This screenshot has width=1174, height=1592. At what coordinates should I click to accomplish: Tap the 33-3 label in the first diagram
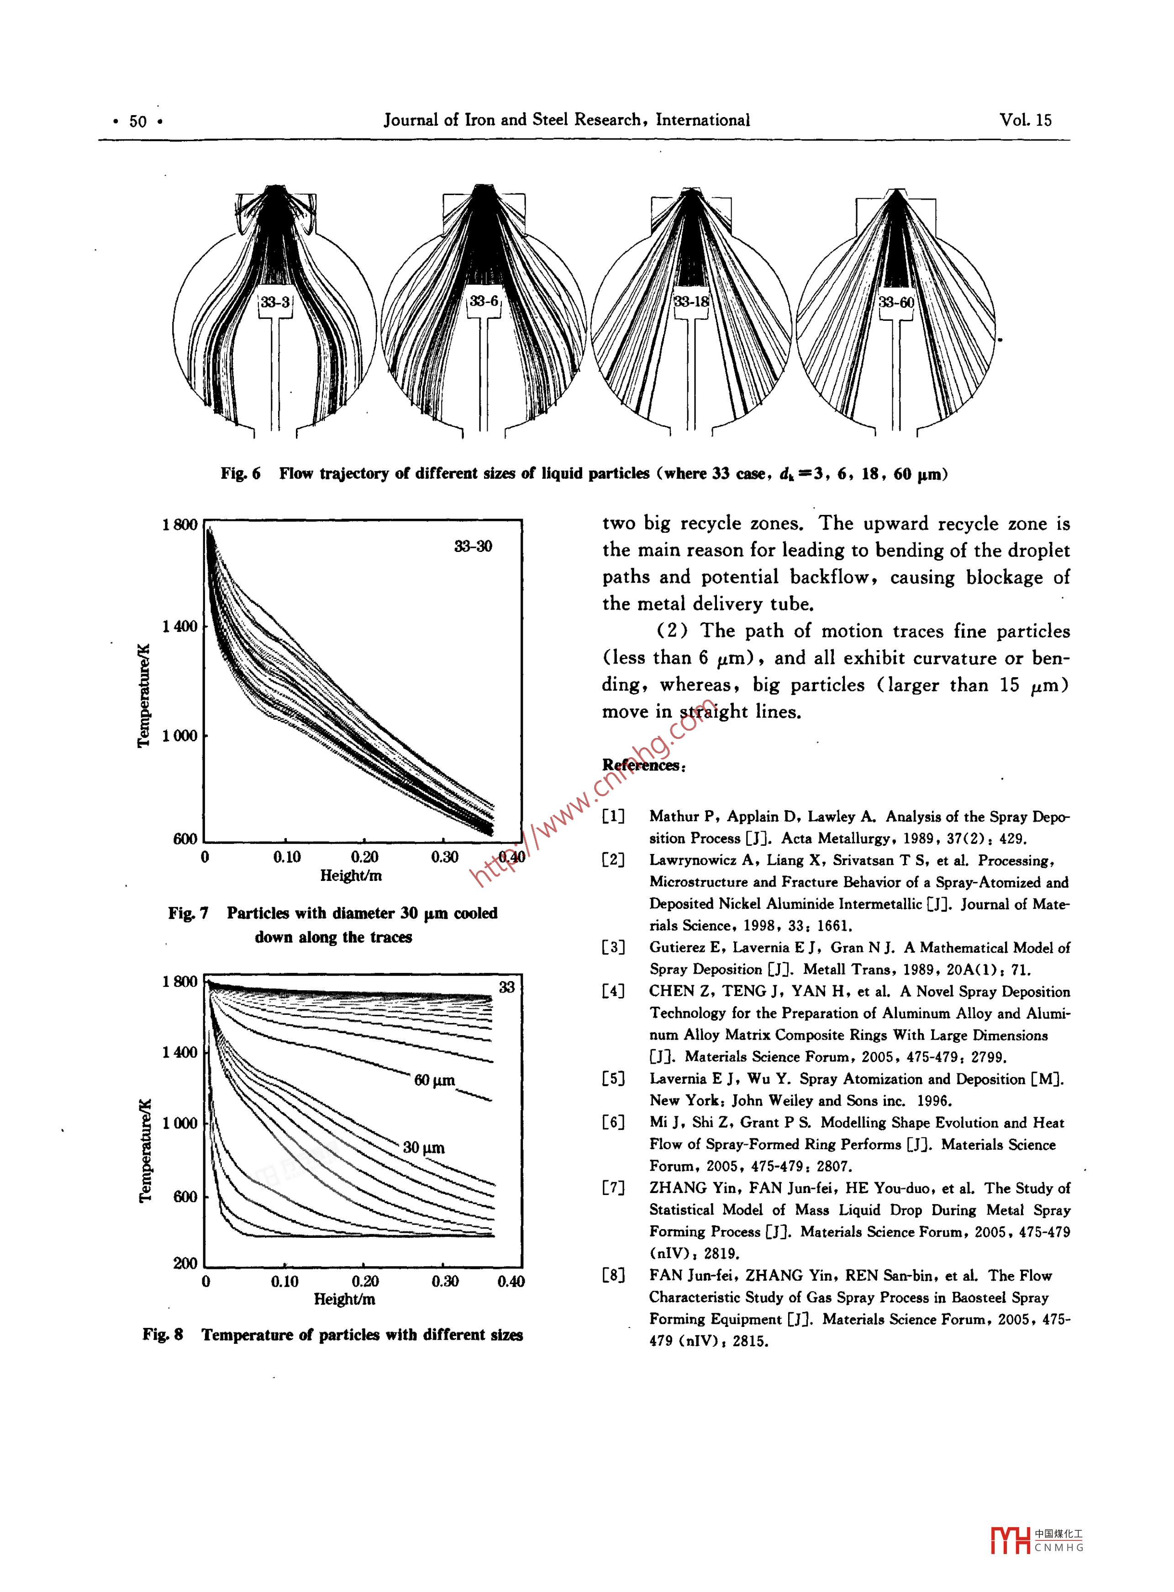click(x=275, y=302)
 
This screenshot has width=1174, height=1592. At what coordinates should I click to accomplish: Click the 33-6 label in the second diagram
click(x=484, y=302)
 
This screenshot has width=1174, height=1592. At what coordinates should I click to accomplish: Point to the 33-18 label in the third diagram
click(x=691, y=302)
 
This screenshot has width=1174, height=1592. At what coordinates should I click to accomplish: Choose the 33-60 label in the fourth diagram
click(x=896, y=302)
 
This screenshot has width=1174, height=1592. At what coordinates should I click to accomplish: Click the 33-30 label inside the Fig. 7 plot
click(x=473, y=546)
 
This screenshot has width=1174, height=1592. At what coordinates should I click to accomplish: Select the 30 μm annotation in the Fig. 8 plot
click(x=424, y=1147)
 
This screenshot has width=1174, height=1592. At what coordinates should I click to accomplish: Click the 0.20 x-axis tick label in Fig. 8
click(x=364, y=1281)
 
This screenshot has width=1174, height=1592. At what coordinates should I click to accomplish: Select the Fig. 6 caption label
click(x=240, y=473)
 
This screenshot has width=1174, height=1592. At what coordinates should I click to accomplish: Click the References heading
click(x=643, y=765)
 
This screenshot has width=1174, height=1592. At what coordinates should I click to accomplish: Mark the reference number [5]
click(x=613, y=1079)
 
